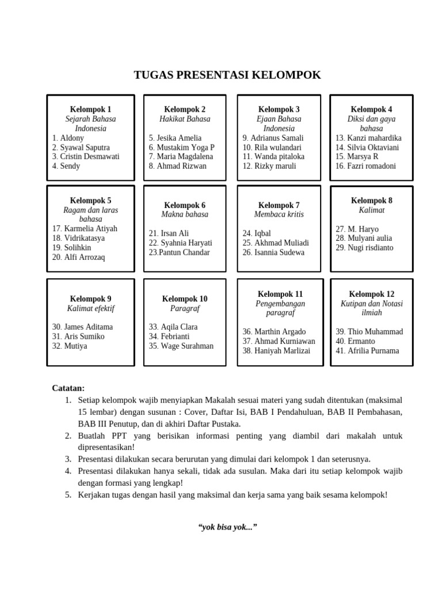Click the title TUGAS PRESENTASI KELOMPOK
click(227, 75)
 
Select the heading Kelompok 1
click(90, 109)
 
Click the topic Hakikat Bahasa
click(185, 119)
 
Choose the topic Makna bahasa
click(185, 214)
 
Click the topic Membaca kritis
click(279, 214)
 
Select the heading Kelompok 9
click(90, 299)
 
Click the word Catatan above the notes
click(68, 388)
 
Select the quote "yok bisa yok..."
click(227, 527)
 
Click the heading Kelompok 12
click(371, 294)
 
